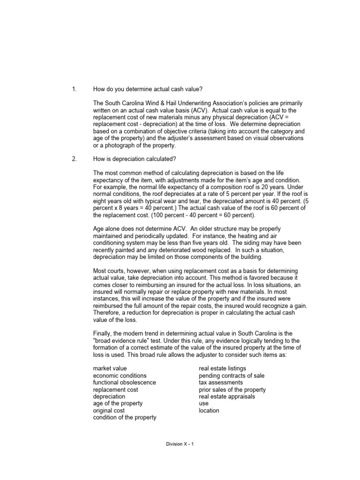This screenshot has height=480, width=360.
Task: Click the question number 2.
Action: (74, 159)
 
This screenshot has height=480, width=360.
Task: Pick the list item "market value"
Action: (110, 368)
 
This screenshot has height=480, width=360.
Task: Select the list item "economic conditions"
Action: (120, 375)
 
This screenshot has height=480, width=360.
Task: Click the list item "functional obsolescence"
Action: (124, 382)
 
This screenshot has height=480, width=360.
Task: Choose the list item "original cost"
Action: (109, 410)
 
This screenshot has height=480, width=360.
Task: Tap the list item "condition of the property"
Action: (125, 417)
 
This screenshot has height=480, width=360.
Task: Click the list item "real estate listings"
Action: (222, 368)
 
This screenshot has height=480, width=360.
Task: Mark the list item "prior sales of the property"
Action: (232, 390)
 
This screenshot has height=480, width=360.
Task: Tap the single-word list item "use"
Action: (203, 404)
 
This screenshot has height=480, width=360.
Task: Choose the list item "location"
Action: (209, 410)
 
